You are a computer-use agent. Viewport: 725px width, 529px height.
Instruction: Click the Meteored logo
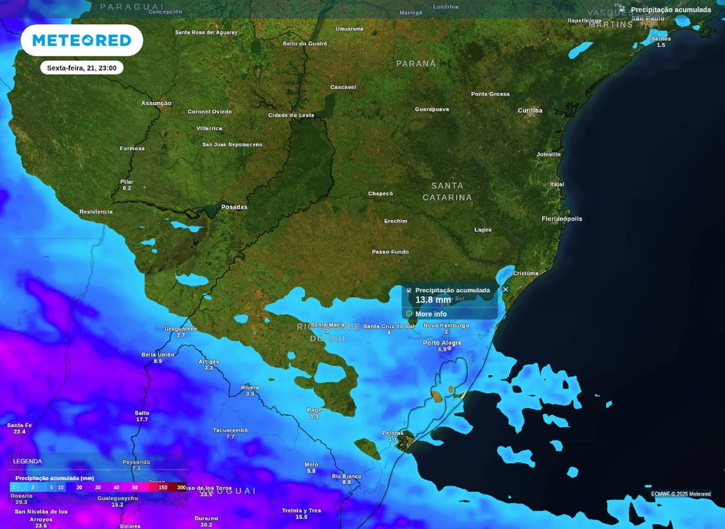81,40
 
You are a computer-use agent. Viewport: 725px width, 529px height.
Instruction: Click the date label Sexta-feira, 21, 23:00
81,68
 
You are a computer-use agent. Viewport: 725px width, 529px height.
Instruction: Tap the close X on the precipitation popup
506,289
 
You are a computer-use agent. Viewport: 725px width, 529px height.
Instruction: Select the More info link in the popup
430,314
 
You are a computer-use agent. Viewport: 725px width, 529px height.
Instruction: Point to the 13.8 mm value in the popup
433,300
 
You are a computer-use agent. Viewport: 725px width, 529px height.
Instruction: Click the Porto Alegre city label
442,342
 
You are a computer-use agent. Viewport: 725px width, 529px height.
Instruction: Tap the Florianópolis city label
561,219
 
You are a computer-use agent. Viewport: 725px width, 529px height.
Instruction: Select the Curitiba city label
530,110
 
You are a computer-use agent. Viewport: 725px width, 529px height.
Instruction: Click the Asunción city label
156,103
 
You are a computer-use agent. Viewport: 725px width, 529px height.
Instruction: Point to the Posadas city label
234,207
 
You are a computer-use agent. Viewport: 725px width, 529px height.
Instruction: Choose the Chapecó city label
380,193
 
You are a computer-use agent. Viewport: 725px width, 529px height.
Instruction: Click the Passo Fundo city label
390,252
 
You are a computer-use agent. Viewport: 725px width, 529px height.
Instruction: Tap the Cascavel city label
343,87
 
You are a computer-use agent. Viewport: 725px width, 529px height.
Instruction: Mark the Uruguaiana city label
181,328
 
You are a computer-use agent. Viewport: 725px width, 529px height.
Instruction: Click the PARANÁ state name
416,64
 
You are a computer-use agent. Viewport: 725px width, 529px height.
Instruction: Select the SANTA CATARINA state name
447,192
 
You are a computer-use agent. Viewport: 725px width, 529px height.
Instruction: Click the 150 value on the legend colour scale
163,487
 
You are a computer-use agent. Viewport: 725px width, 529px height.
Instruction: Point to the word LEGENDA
27,461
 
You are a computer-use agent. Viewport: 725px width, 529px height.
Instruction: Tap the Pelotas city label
392,433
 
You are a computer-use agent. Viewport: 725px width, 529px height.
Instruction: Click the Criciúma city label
526,273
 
